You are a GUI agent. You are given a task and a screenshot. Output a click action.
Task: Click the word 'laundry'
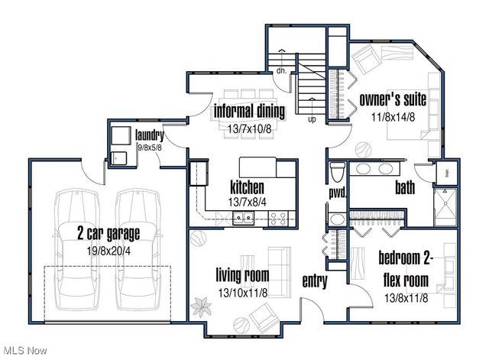coord(150,136)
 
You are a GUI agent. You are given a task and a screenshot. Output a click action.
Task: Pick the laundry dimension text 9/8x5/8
coord(150,148)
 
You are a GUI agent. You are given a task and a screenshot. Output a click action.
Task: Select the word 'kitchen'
coord(247,187)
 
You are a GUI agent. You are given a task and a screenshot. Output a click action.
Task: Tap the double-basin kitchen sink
coord(244,219)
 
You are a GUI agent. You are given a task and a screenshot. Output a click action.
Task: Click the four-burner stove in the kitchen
coord(278,219)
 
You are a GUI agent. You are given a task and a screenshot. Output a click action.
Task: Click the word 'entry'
coord(314,281)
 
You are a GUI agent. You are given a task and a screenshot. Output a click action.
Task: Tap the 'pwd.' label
coord(337,193)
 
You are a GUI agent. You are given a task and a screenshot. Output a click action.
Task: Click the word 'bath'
coord(405,187)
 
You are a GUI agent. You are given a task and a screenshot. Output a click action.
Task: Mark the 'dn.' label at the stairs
coord(280,70)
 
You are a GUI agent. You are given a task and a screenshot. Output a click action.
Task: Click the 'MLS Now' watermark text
coord(24,350)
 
